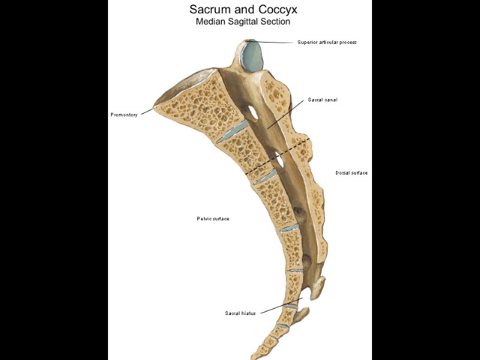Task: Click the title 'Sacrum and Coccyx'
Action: (x=243, y=10)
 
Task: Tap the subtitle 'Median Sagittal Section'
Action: (x=243, y=22)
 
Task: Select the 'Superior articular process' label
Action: (x=327, y=42)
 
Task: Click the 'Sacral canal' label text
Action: (x=322, y=100)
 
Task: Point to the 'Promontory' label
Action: (x=124, y=115)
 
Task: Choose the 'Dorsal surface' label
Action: (x=351, y=173)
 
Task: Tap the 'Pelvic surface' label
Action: (x=213, y=218)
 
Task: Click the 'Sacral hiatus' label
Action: (x=240, y=313)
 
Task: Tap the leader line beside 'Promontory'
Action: (x=146, y=110)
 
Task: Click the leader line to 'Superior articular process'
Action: (x=276, y=42)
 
